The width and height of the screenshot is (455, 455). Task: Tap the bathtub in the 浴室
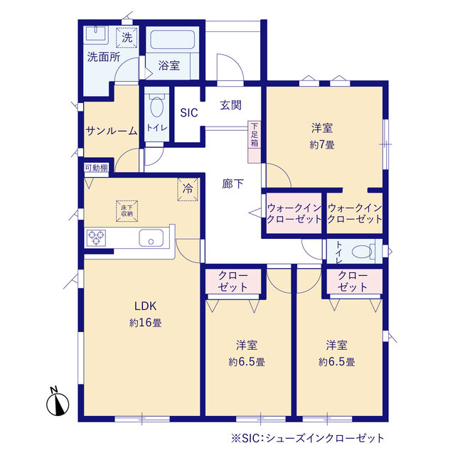pyautogui.click(x=172, y=40)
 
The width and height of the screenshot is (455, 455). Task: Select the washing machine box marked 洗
pyautogui.click(x=127, y=37)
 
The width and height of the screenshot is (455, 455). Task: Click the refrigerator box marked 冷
pyautogui.click(x=188, y=189)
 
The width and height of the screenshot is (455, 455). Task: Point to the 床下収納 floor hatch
pyautogui.click(x=127, y=211)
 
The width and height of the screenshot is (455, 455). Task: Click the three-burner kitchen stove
pyautogui.click(x=96, y=237)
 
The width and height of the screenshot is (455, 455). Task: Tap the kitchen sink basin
pyautogui.click(x=151, y=237)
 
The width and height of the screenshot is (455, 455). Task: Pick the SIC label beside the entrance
pyautogui.click(x=189, y=112)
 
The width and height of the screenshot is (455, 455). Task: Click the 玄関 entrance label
pyautogui.click(x=230, y=105)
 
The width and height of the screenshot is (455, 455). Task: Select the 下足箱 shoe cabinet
pyautogui.click(x=255, y=141)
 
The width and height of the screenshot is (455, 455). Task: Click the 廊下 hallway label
pyautogui.click(x=232, y=183)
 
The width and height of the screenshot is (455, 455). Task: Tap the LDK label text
pyautogui.click(x=145, y=306)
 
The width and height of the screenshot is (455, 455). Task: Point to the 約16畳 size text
pyautogui.click(x=145, y=322)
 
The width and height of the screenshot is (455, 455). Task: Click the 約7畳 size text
pyautogui.click(x=322, y=144)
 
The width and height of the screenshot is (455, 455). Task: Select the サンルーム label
pyautogui.click(x=112, y=131)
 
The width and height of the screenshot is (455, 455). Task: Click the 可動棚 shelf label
pyautogui.click(x=96, y=168)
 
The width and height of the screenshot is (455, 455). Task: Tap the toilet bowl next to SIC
pyautogui.click(x=157, y=107)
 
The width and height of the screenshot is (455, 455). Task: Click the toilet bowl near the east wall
pyautogui.click(x=362, y=251)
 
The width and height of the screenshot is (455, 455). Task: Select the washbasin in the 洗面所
pyautogui.click(x=96, y=35)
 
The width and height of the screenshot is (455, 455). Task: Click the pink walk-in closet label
pyautogui.click(x=294, y=213)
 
